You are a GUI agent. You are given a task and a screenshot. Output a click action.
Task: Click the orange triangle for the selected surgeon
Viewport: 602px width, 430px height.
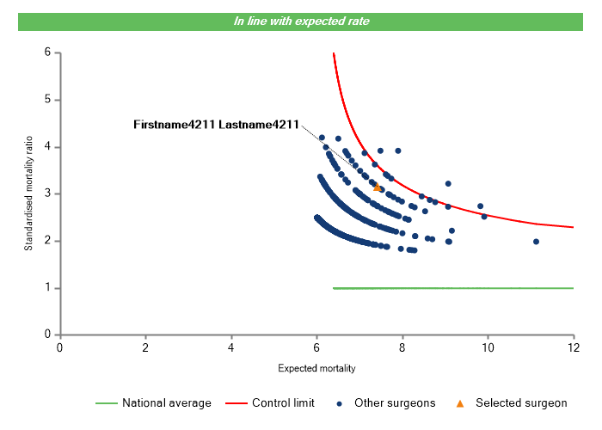pyautogui.click(x=377, y=187)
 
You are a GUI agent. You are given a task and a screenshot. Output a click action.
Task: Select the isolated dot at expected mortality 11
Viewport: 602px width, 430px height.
pyautogui.click(x=536, y=242)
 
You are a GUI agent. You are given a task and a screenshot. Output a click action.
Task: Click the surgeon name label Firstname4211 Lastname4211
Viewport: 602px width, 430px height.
pyautogui.click(x=216, y=126)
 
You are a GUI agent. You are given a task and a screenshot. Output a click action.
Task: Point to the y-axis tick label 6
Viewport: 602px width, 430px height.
pyautogui.click(x=46, y=52)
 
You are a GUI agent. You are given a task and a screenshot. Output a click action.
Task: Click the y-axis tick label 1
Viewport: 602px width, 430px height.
pyautogui.click(x=46, y=288)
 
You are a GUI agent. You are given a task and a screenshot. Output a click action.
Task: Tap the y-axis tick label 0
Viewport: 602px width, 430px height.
pyautogui.click(x=46, y=335)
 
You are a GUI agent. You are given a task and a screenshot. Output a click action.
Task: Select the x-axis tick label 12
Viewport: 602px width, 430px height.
pyautogui.click(x=573, y=347)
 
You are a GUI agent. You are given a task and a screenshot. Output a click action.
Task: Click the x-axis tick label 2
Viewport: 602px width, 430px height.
pyautogui.click(x=145, y=347)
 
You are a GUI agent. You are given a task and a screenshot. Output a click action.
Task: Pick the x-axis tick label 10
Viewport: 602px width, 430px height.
pyautogui.click(x=488, y=347)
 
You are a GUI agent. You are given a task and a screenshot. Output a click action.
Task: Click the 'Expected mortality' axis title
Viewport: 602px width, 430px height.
pyautogui.click(x=316, y=369)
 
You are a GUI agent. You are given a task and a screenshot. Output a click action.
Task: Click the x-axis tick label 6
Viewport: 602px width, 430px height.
pyautogui.click(x=316, y=347)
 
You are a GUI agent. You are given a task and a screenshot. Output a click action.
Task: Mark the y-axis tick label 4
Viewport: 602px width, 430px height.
pyautogui.click(x=46, y=147)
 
